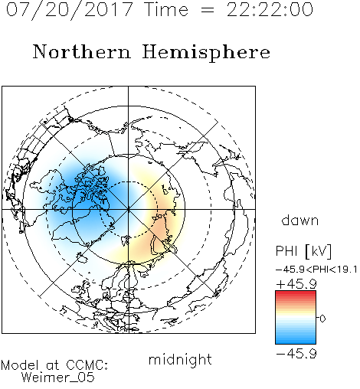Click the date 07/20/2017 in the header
click(70, 10)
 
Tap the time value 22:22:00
click(270, 9)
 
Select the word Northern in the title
click(82, 52)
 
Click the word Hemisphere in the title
click(206, 53)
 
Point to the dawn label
click(300, 220)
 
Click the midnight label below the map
click(180, 360)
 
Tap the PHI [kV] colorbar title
click(303, 251)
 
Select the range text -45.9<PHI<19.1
click(316, 270)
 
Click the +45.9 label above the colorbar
click(296, 284)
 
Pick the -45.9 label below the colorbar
click(296, 354)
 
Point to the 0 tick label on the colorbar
click(322, 319)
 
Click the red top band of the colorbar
click(296, 294)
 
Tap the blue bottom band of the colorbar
click(296, 340)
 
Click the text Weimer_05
click(57, 378)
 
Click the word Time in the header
click(166, 10)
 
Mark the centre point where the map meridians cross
click(129, 209)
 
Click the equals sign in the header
click(208, 10)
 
